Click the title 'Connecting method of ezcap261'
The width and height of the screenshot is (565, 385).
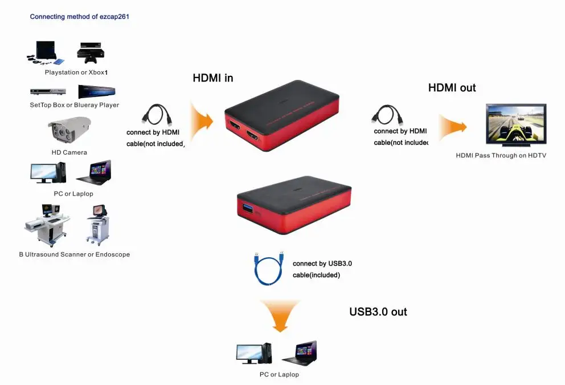pos(79,17)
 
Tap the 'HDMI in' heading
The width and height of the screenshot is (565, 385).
pos(213,78)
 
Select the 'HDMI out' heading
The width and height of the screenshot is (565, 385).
pos(452,88)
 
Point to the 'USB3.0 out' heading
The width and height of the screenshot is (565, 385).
pos(378,311)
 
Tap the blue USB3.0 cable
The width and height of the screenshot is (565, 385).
pos(267,268)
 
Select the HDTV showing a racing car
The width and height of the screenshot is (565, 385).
pos(515,125)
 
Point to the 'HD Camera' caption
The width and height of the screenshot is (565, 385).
pos(69,152)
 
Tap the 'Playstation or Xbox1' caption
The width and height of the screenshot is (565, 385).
pos(76,72)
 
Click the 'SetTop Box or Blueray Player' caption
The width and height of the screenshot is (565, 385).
pos(74,105)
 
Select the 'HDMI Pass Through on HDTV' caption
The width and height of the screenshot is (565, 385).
pos(501,155)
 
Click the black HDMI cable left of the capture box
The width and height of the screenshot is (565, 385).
pos(156,115)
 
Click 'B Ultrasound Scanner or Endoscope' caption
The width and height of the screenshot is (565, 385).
pos(74,254)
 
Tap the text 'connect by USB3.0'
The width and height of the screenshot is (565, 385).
pos(322,264)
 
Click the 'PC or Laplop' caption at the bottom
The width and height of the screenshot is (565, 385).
pos(279,374)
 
